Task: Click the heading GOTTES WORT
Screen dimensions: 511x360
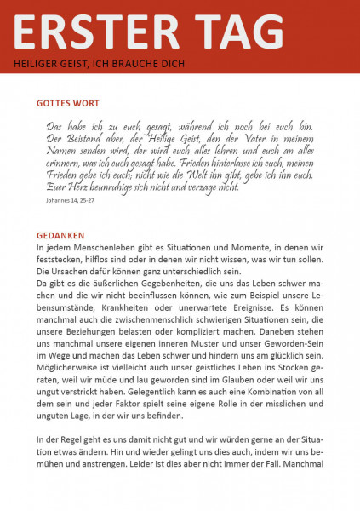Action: click(x=67, y=103)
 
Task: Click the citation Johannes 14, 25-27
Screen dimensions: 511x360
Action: click(x=75, y=203)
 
